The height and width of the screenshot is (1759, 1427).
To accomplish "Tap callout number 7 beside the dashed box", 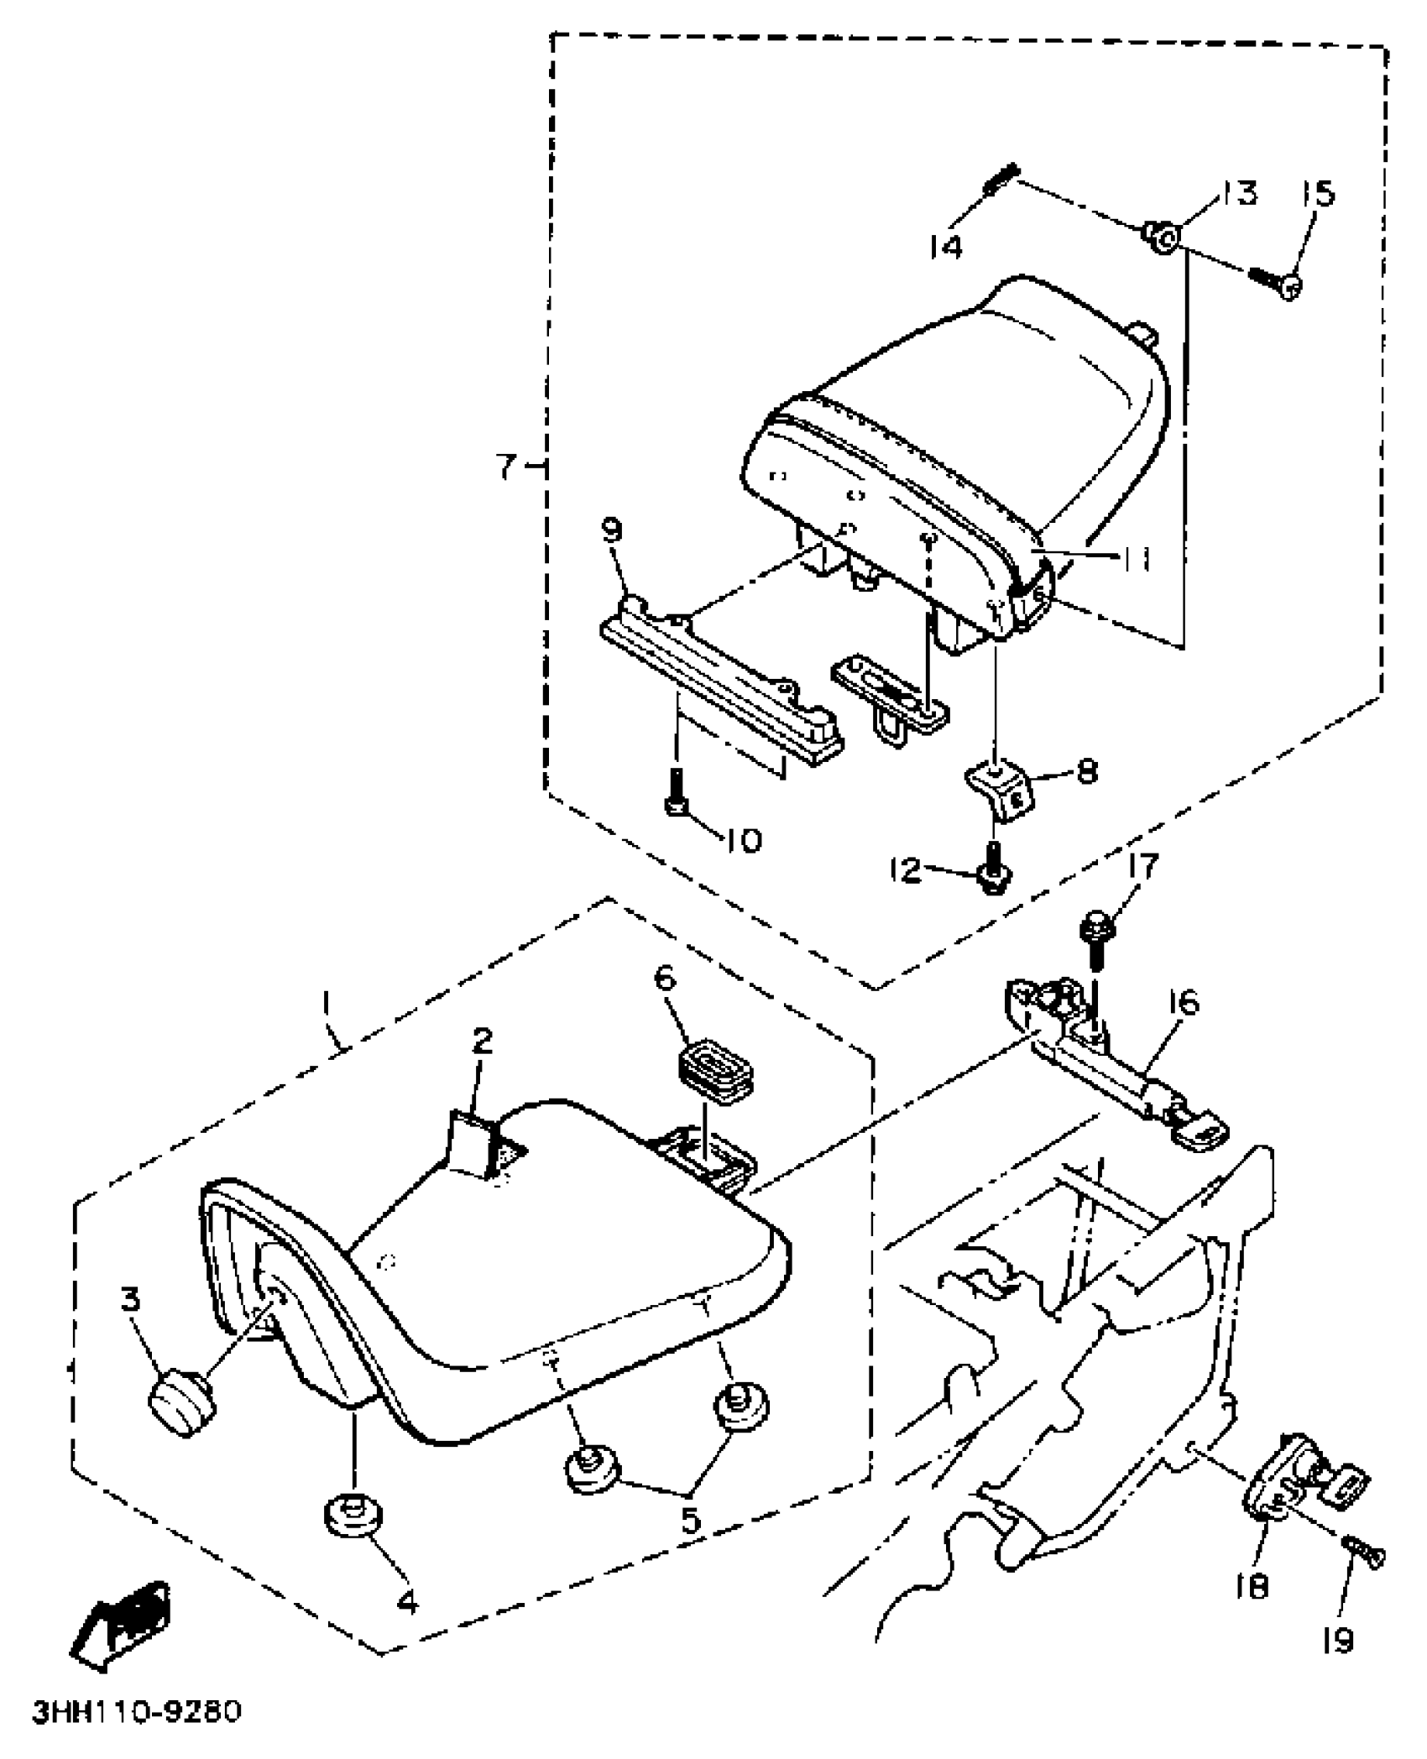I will click(506, 467).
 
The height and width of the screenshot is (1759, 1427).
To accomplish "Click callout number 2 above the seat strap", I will click(482, 1042).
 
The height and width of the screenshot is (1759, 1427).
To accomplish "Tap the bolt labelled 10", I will click(677, 791).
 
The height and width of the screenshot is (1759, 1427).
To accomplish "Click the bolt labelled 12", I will click(993, 874).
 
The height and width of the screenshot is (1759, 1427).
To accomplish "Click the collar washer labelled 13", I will click(1161, 237).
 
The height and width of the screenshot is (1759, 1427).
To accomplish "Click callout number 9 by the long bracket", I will click(612, 530).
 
